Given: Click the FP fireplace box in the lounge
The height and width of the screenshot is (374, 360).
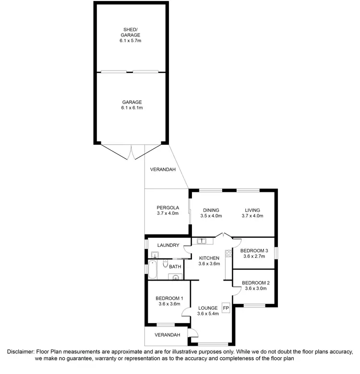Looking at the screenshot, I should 226,307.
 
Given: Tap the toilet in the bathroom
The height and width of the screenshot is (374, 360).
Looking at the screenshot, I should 165,264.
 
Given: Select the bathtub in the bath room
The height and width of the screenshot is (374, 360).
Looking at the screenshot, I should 153,270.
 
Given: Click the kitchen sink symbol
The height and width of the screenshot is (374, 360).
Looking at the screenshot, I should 202,241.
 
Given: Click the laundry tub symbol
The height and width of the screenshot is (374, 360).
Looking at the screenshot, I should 155,255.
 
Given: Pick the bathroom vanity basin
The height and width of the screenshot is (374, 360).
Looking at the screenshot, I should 176,277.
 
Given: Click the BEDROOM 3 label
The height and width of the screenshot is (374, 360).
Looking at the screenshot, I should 254,251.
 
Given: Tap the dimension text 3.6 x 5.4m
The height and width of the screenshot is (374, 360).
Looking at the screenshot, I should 208,314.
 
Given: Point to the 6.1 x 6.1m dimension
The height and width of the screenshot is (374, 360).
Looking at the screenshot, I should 132,108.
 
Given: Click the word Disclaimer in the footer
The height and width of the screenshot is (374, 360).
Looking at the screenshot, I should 20,351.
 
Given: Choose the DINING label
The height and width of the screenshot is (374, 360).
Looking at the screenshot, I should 211,210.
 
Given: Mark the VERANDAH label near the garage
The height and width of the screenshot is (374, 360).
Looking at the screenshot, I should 163,170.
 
